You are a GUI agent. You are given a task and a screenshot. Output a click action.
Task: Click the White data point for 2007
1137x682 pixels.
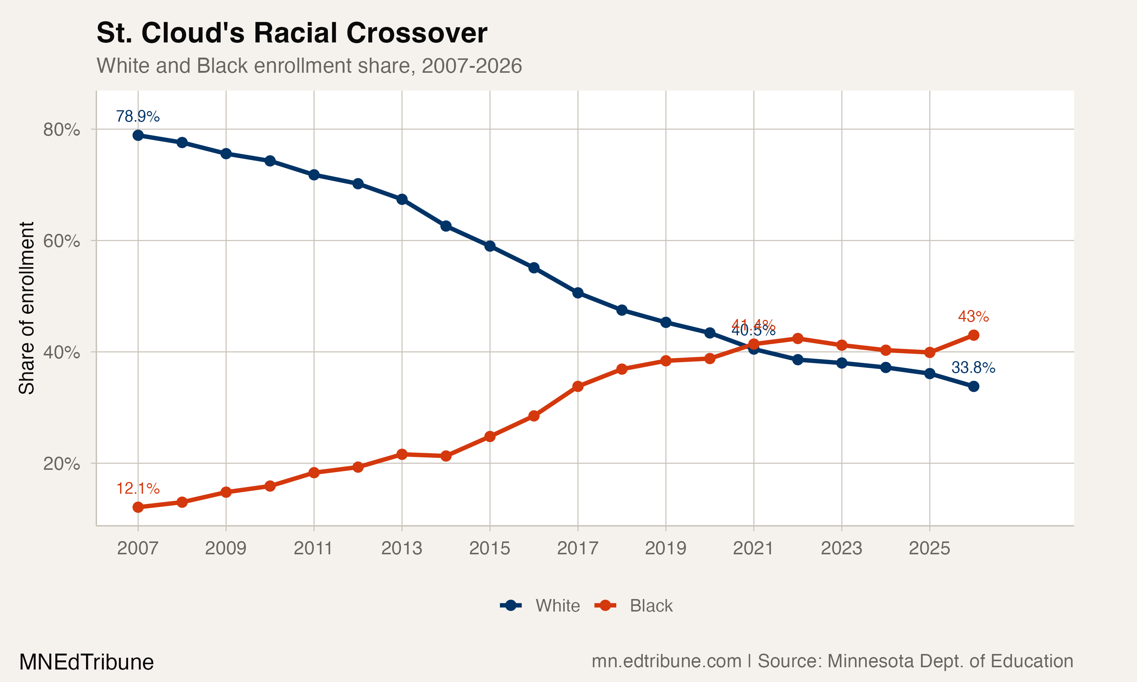pyautogui.click(x=138, y=135)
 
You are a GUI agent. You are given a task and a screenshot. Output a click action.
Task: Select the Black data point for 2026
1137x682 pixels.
pyautogui.click(x=973, y=335)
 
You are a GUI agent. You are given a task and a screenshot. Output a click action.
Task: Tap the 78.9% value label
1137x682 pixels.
pyautogui.click(x=138, y=116)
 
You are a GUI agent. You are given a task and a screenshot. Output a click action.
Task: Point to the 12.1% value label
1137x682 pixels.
pyautogui.click(x=138, y=488)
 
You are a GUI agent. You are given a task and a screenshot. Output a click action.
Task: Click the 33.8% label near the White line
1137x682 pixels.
pyautogui.click(x=973, y=367)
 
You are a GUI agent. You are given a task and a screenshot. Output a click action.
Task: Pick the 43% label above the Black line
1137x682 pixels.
pyautogui.click(x=973, y=316)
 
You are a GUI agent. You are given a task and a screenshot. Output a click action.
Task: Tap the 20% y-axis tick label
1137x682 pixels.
pyautogui.click(x=61, y=463)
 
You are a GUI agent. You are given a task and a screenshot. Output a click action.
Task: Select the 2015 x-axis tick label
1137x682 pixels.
pyautogui.click(x=489, y=548)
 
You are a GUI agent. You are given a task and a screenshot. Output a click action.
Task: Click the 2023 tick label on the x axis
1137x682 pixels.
pyautogui.click(x=841, y=548)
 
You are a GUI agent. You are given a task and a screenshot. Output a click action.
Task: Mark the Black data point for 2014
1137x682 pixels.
pyautogui.click(x=446, y=456)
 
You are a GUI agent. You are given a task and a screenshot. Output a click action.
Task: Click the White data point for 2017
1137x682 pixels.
pyautogui.click(x=578, y=293)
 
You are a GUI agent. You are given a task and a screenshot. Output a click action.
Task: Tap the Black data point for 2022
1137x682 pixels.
pyautogui.click(x=798, y=339)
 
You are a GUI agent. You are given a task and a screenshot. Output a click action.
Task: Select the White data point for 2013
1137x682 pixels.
pyautogui.click(x=402, y=199)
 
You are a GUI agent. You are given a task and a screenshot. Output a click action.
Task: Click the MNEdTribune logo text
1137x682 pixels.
pyautogui.click(x=86, y=662)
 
